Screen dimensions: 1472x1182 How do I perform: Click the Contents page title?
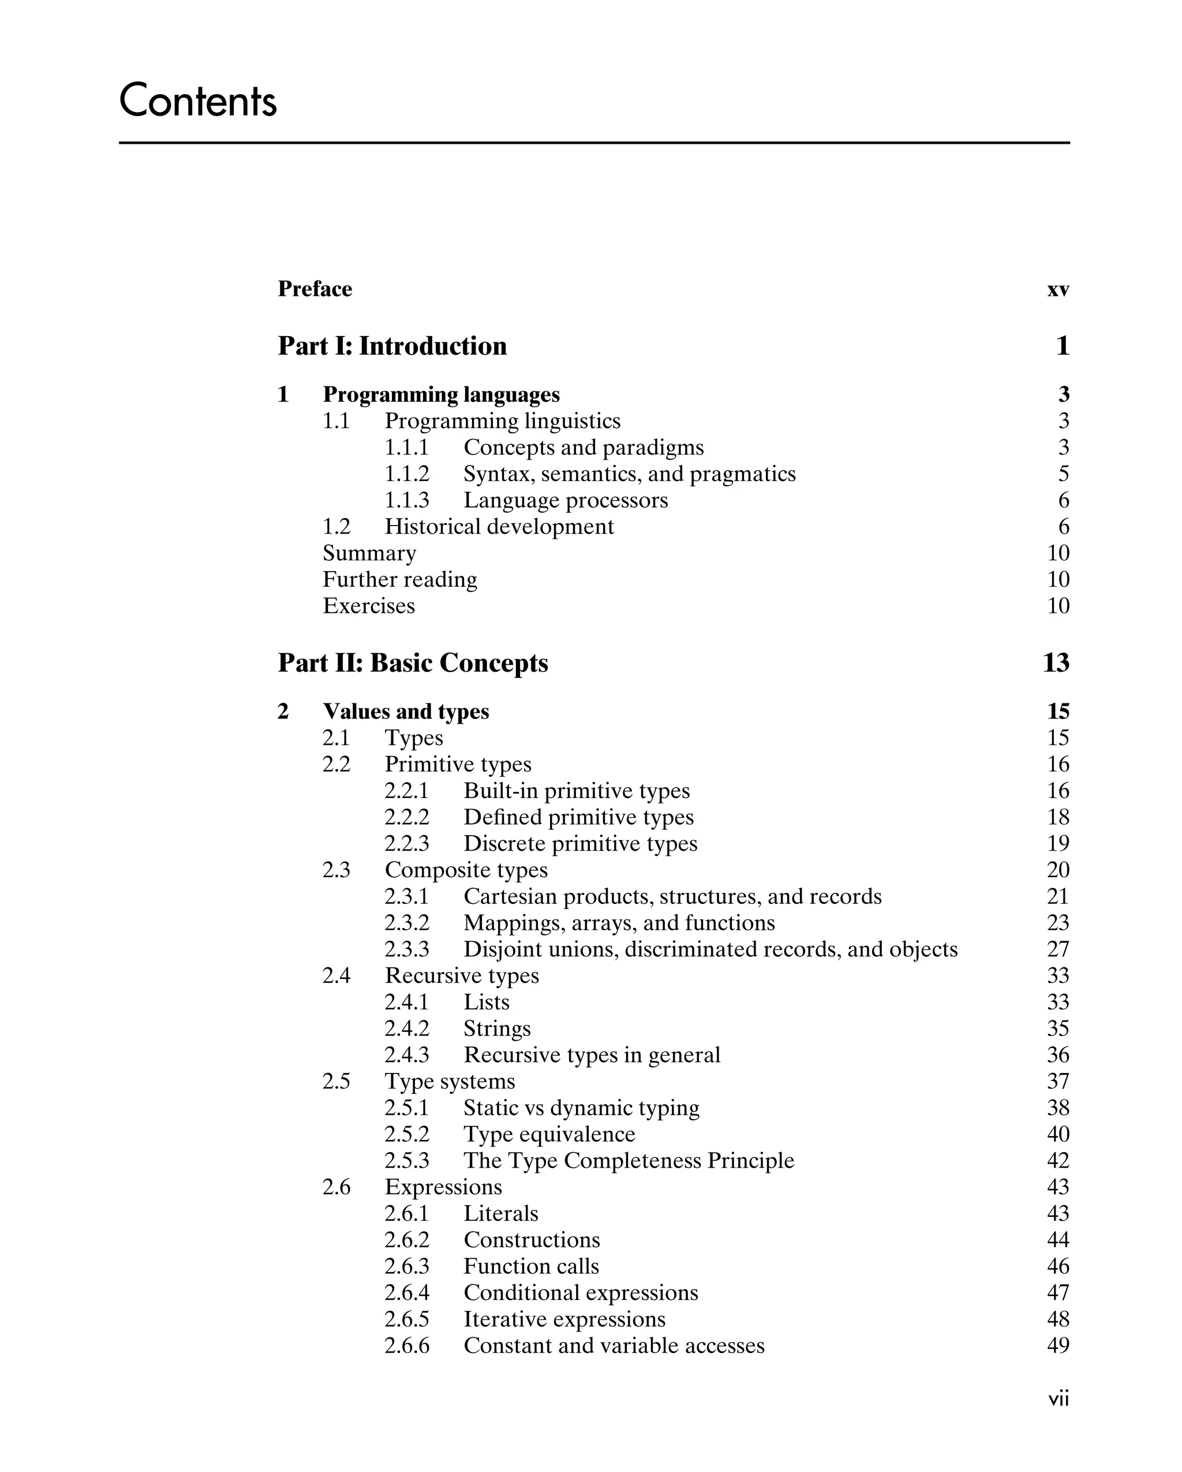(198, 100)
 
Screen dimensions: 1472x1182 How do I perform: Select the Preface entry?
(315, 289)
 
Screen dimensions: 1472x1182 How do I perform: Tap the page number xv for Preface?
(1058, 290)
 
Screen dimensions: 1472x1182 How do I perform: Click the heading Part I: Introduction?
(392, 346)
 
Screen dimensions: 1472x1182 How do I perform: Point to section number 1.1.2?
(407, 474)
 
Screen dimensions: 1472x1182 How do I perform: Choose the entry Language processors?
(566, 501)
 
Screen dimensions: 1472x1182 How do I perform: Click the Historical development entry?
(499, 527)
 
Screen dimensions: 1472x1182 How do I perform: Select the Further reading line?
(400, 580)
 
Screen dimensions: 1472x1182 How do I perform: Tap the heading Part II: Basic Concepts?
(413, 663)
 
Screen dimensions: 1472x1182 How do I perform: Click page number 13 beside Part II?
(1056, 663)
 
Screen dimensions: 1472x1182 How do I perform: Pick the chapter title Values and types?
(406, 711)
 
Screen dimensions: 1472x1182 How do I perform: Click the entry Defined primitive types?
(579, 817)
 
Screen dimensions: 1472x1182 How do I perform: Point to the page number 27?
(1058, 950)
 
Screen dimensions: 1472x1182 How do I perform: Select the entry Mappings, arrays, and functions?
(619, 923)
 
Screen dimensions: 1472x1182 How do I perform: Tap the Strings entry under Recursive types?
(497, 1029)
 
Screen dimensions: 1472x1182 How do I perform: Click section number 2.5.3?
(407, 1161)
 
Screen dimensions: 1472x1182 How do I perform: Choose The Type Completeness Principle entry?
(629, 1161)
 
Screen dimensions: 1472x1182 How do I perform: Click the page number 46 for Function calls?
(1058, 1266)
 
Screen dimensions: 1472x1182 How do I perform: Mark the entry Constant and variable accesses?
(614, 1346)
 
